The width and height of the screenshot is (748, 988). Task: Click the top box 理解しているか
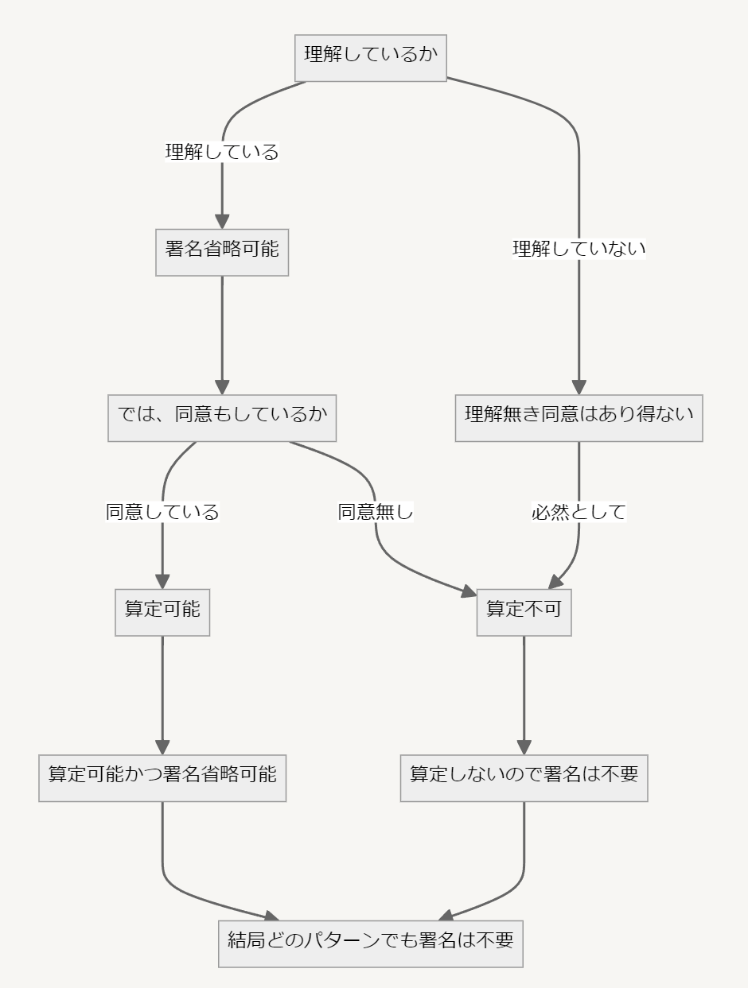[x=370, y=57]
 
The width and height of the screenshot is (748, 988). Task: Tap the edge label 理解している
[x=222, y=152]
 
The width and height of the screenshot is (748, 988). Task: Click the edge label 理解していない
[x=579, y=249]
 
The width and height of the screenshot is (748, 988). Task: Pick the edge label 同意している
[x=162, y=512]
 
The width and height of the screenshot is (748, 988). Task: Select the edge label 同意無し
[x=376, y=512]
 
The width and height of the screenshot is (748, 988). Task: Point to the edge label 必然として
[x=579, y=512]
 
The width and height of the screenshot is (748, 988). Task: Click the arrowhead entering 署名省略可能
[x=222, y=222]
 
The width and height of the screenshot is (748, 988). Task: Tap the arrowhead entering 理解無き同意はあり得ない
[x=579, y=386]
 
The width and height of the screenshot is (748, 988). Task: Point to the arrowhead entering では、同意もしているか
[x=222, y=386]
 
